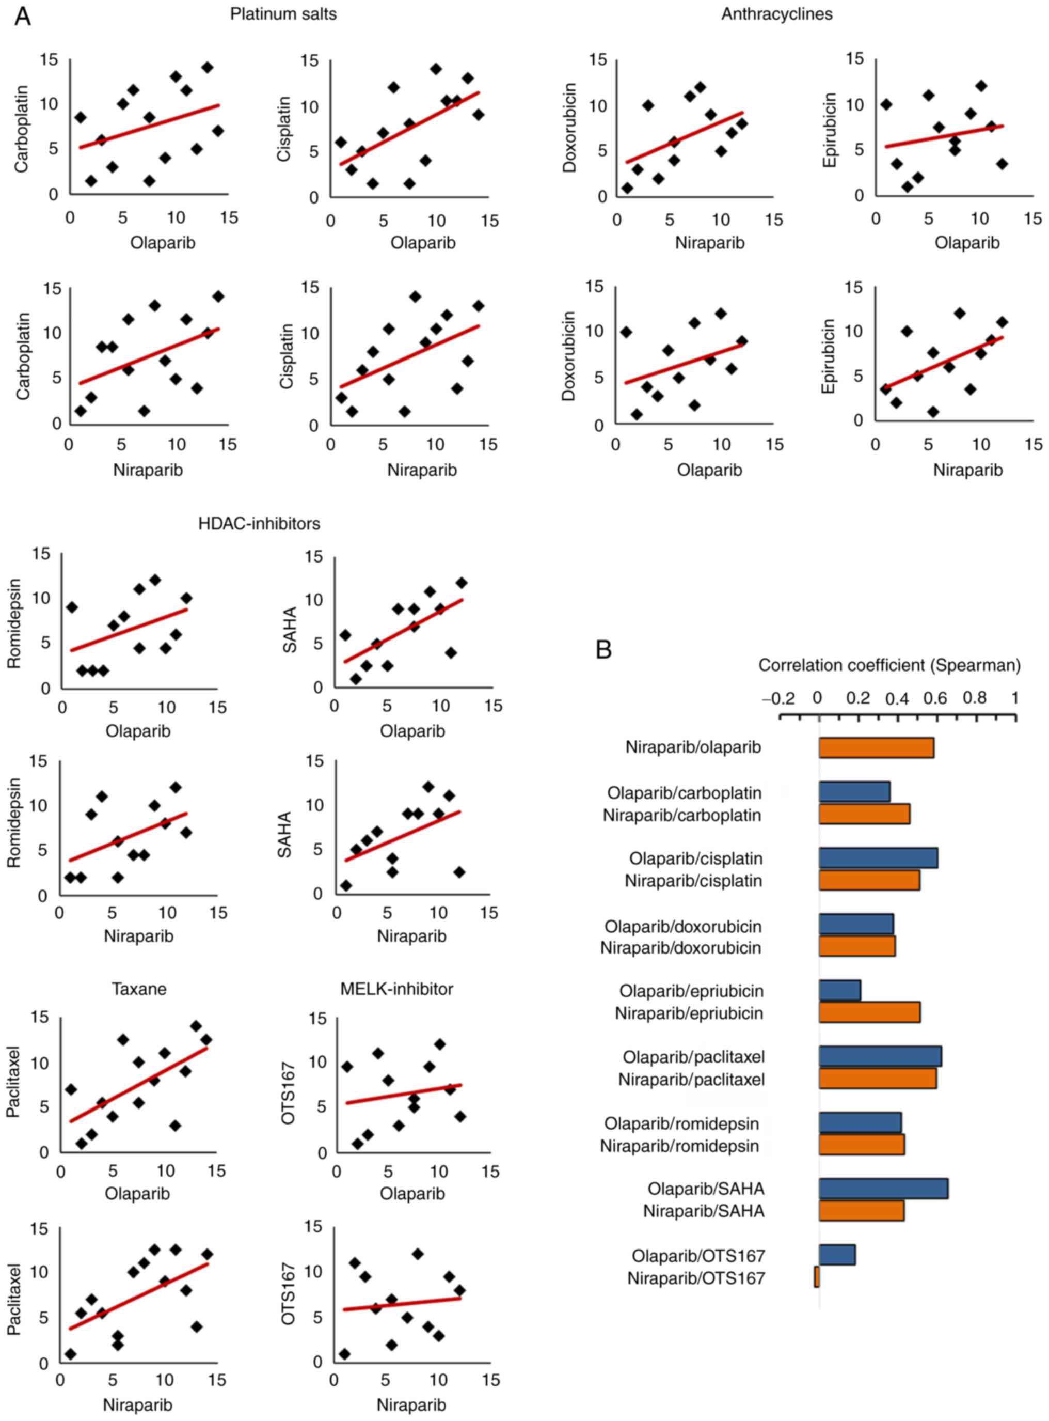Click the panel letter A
point(23,16)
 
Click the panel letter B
point(603,649)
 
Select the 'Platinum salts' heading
point(283,14)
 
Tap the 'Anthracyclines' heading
point(776,14)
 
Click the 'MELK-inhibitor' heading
point(397,989)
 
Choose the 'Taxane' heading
point(139,989)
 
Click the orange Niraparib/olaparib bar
point(876,747)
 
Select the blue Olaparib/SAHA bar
point(883,1189)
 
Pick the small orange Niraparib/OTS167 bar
point(817,1277)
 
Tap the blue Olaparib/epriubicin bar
point(839,990)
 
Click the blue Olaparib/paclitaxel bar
point(880,1056)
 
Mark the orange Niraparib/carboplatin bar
point(864,815)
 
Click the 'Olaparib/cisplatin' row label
point(696,859)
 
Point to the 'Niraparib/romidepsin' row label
point(679,1146)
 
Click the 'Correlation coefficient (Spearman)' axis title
point(889,665)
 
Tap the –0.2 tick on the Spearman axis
point(778,699)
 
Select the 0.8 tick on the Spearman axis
point(975,699)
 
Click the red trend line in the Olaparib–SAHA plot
point(403,630)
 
